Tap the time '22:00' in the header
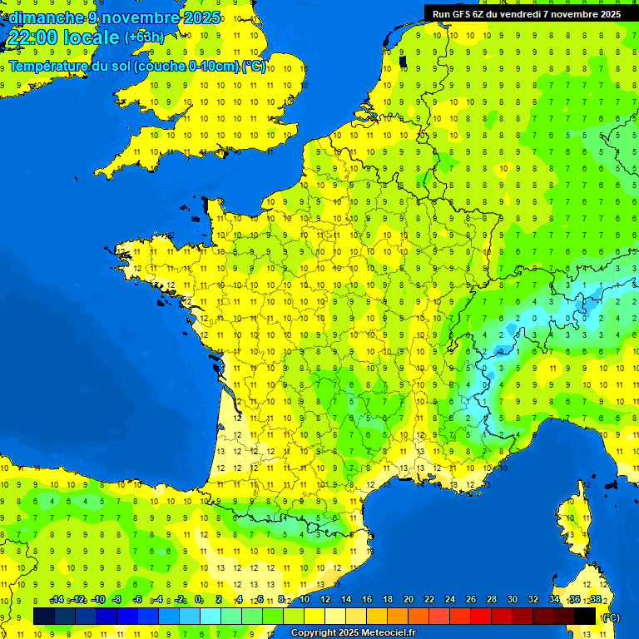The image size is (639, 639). [x=31, y=38]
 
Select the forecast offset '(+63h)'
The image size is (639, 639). [x=144, y=37]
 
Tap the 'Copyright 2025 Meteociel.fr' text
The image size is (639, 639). [x=353, y=633]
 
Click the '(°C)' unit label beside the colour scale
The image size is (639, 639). [x=612, y=617]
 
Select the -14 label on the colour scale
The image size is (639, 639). [x=57, y=600]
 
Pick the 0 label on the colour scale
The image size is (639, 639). [x=198, y=600]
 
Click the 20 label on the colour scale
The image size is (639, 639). [x=408, y=600]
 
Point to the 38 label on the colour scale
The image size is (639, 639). [x=596, y=600]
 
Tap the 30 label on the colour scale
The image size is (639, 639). [x=512, y=600]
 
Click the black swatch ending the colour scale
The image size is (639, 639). [x=585, y=616]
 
